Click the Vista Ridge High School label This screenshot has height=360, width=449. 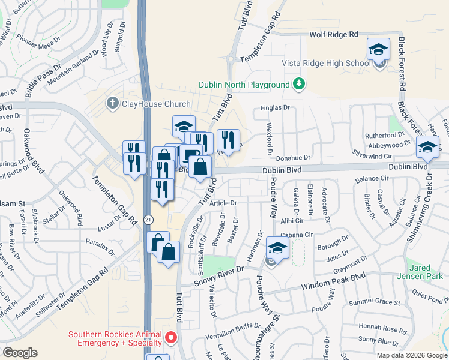[x=326, y=63]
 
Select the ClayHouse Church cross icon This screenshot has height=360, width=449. [x=112, y=104]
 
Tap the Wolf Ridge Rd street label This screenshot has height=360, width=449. [x=333, y=35]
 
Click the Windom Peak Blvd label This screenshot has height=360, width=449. [x=341, y=277]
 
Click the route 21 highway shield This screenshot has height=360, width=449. [x=147, y=220]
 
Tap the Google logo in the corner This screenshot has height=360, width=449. [x=20, y=352]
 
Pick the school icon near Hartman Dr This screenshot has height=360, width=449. [x=277, y=247]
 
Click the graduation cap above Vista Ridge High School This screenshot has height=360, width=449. [x=378, y=49]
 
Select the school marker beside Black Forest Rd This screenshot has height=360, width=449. [x=427, y=146]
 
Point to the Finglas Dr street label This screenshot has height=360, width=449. [x=275, y=108]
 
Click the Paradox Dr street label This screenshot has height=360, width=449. [x=99, y=245]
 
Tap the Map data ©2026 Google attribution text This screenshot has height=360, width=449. [x=411, y=355]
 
